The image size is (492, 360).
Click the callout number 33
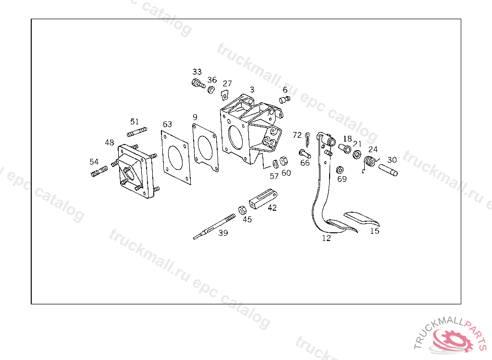(x=197, y=72)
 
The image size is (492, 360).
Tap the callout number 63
(x=167, y=125)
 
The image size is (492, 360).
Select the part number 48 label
(x=110, y=143)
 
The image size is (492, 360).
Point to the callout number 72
(x=297, y=135)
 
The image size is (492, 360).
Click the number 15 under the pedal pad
(x=375, y=231)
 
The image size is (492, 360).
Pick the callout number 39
(x=223, y=233)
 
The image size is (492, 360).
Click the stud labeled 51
(x=137, y=132)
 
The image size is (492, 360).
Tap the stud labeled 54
(x=99, y=171)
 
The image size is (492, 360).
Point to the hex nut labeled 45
(x=243, y=209)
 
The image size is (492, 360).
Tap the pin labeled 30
(x=388, y=170)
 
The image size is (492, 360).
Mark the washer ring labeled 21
(x=357, y=155)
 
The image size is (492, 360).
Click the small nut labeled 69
(x=340, y=170)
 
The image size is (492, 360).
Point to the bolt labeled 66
(x=305, y=154)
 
